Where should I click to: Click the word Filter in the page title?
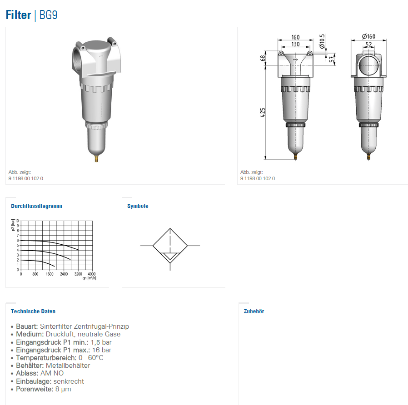pyautogui.click(x=18, y=15)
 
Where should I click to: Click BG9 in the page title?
pyautogui.click(x=49, y=15)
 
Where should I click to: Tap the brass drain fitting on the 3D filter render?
pyautogui.click(x=96, y=158)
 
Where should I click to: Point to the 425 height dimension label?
pyautogui.click(x=263, y=112)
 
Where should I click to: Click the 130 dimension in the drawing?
pyautogui.click(x=295, y=44)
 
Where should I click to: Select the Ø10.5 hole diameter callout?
pyautogui.click(x=322, y=41)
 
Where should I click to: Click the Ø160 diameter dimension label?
pyautogui.click(x=369, y=36)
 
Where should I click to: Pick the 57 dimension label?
pyautogui.click(x=332, y=59)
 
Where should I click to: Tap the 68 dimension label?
pyautogui.click(x=263, y=58)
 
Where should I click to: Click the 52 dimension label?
pyautogui.click(x=369, y=44)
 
